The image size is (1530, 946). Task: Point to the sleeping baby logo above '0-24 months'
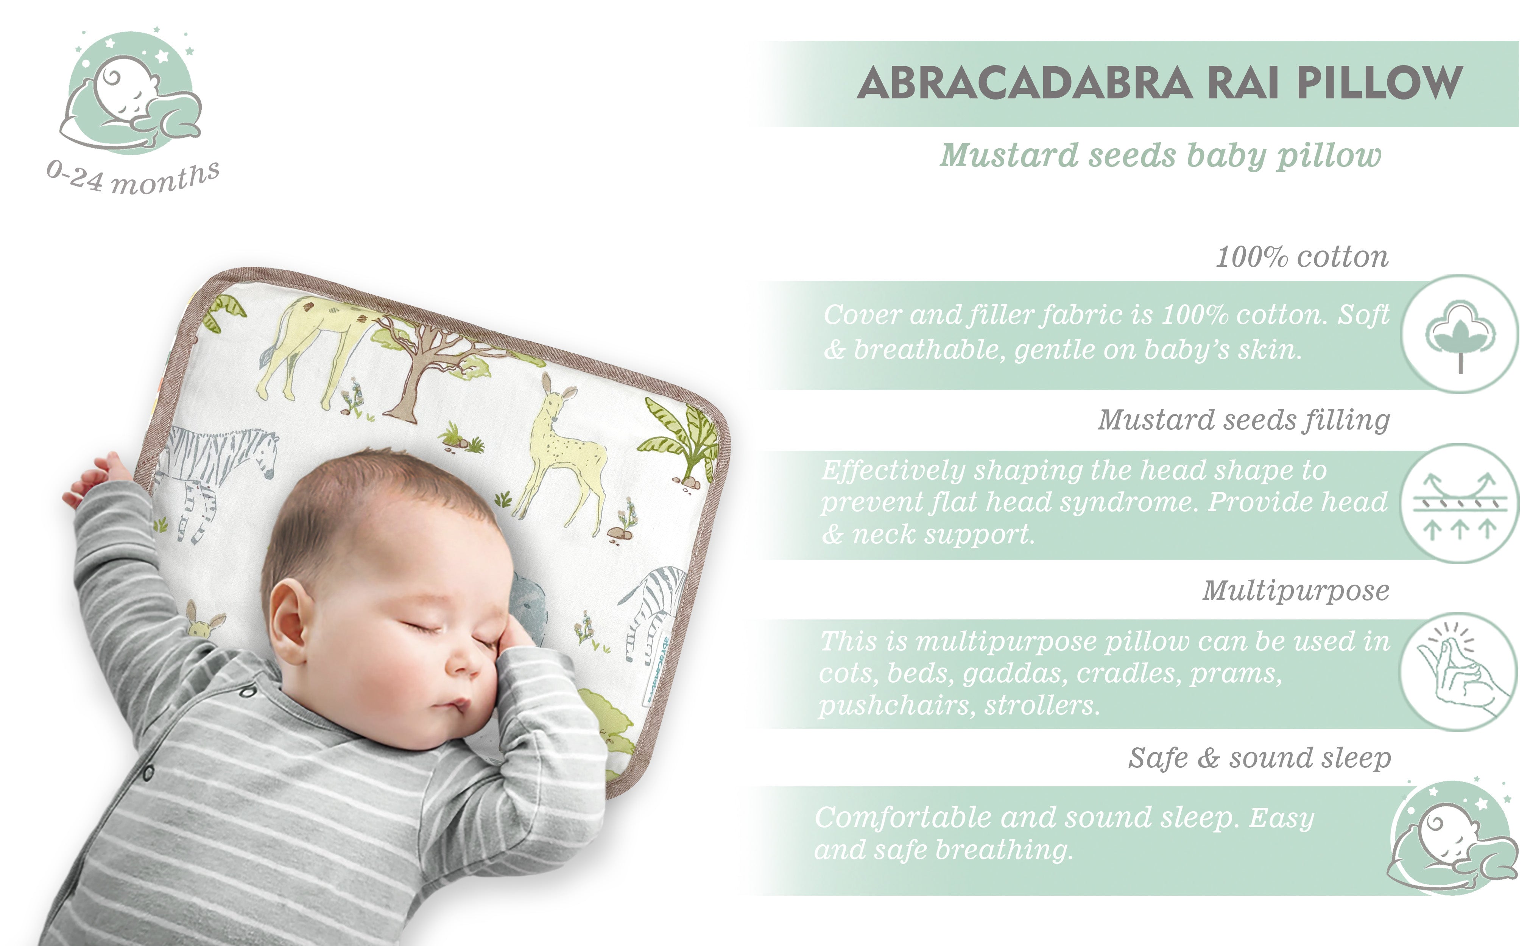131,91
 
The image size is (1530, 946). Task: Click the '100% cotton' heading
1302,257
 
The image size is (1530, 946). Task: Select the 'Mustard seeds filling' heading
1244,420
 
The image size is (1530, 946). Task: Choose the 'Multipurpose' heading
1295,591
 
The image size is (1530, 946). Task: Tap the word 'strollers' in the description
1042,706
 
